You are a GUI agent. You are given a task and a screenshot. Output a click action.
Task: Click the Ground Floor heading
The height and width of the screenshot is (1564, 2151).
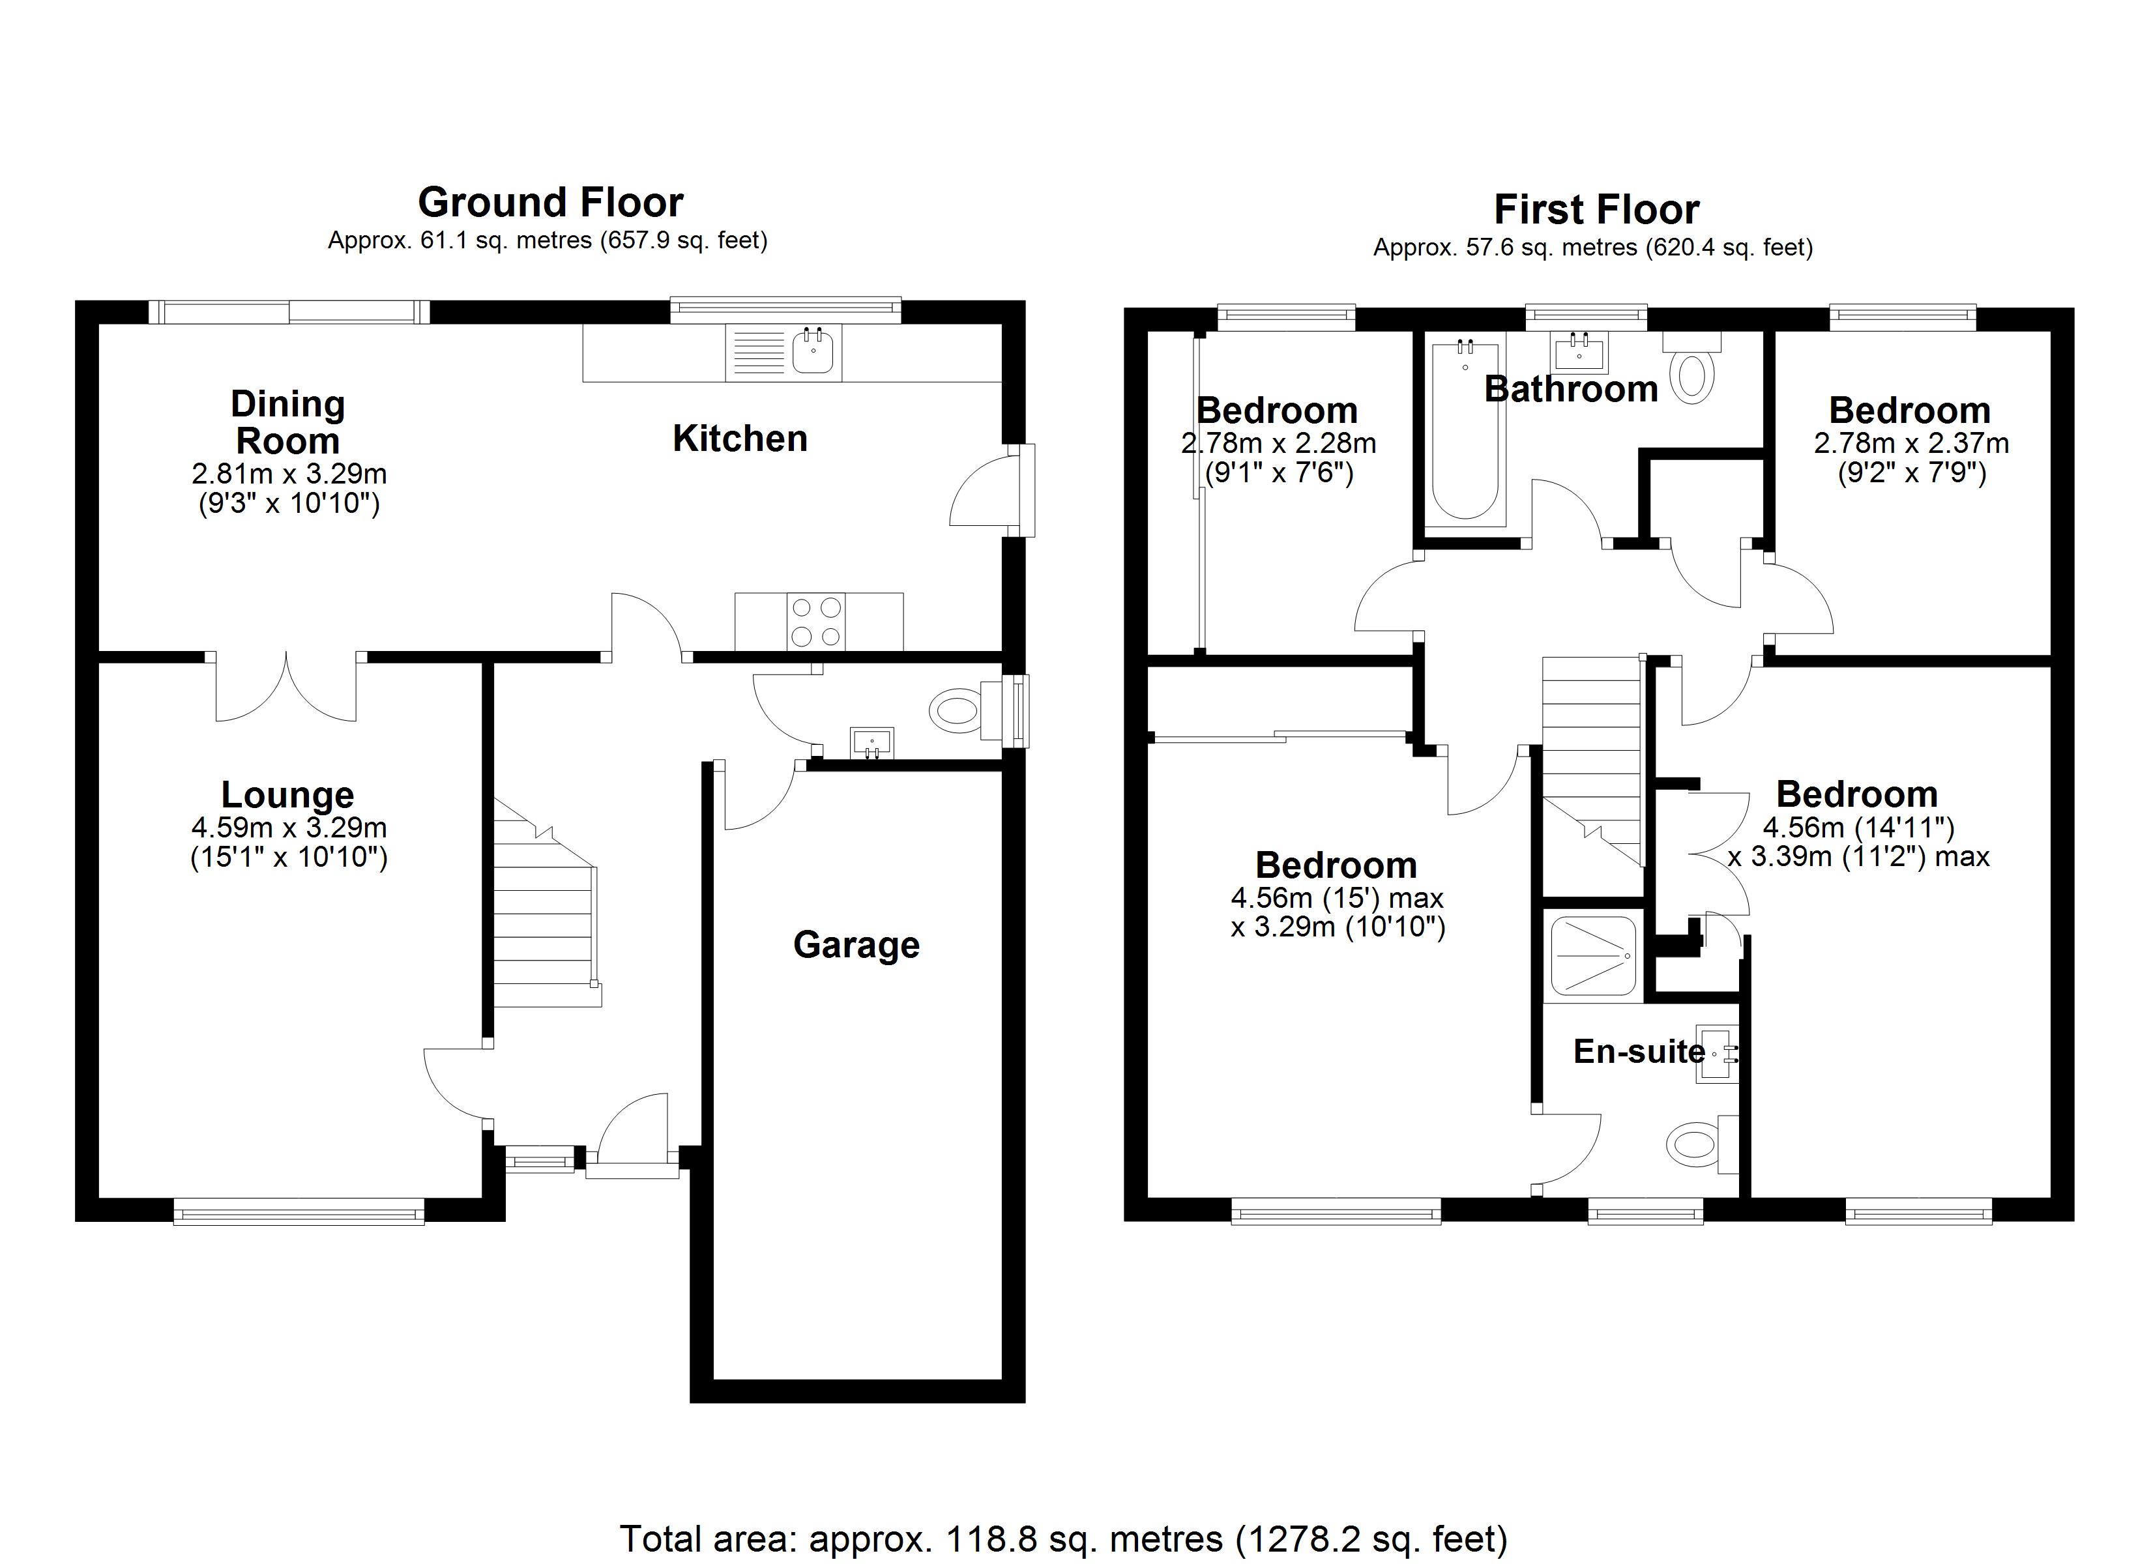[x=550, y=202]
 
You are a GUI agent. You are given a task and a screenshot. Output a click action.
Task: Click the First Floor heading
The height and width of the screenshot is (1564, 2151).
[x=1596, y=209]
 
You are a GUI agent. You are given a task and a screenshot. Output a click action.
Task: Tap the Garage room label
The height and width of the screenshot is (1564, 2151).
[x=856, y=945]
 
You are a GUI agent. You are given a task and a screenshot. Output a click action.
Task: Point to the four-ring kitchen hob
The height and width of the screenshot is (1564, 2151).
[x=815, y=621]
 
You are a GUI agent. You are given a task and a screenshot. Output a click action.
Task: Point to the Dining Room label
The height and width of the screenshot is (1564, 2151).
[x=287, y=422]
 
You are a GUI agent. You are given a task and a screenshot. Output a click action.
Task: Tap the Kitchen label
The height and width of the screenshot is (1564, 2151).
[x=740, y=438]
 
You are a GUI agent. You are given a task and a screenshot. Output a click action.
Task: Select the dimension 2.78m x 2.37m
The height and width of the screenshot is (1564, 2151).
[x=1911, y=443]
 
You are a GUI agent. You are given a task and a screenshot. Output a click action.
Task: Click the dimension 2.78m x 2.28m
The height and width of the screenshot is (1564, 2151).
[x=1278, y=443]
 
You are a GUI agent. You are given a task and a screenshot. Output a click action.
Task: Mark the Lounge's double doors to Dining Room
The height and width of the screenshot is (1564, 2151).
[x=286, y=685]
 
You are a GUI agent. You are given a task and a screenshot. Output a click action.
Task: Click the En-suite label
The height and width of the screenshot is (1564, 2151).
[x=1639, y=1051]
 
